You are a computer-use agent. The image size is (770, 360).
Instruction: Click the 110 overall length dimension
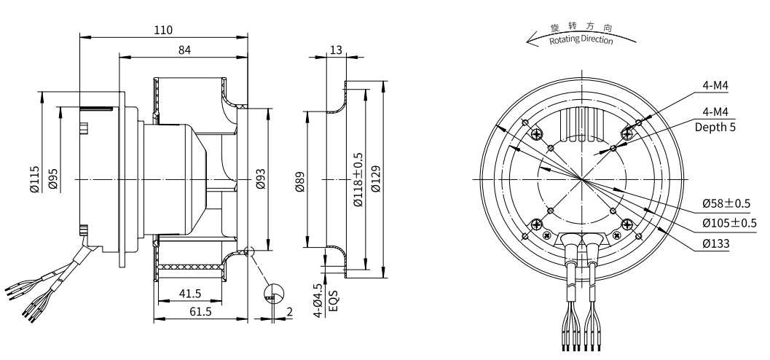tap(163, 30)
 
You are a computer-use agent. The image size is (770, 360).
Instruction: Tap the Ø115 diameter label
tap(35, 179)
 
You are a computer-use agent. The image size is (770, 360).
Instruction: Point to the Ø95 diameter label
tap(53, 179)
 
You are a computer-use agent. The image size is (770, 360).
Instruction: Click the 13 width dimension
tap(336, 50)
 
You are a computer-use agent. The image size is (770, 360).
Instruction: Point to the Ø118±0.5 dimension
tap(358, 180)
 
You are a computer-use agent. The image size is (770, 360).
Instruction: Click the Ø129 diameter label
tap(375, 179)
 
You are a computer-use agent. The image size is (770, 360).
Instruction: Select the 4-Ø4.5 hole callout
tap(318, 299)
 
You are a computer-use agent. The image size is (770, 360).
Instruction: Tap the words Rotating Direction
tap(581, 39)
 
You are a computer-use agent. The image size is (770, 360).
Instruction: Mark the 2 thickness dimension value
tap(289, 311)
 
